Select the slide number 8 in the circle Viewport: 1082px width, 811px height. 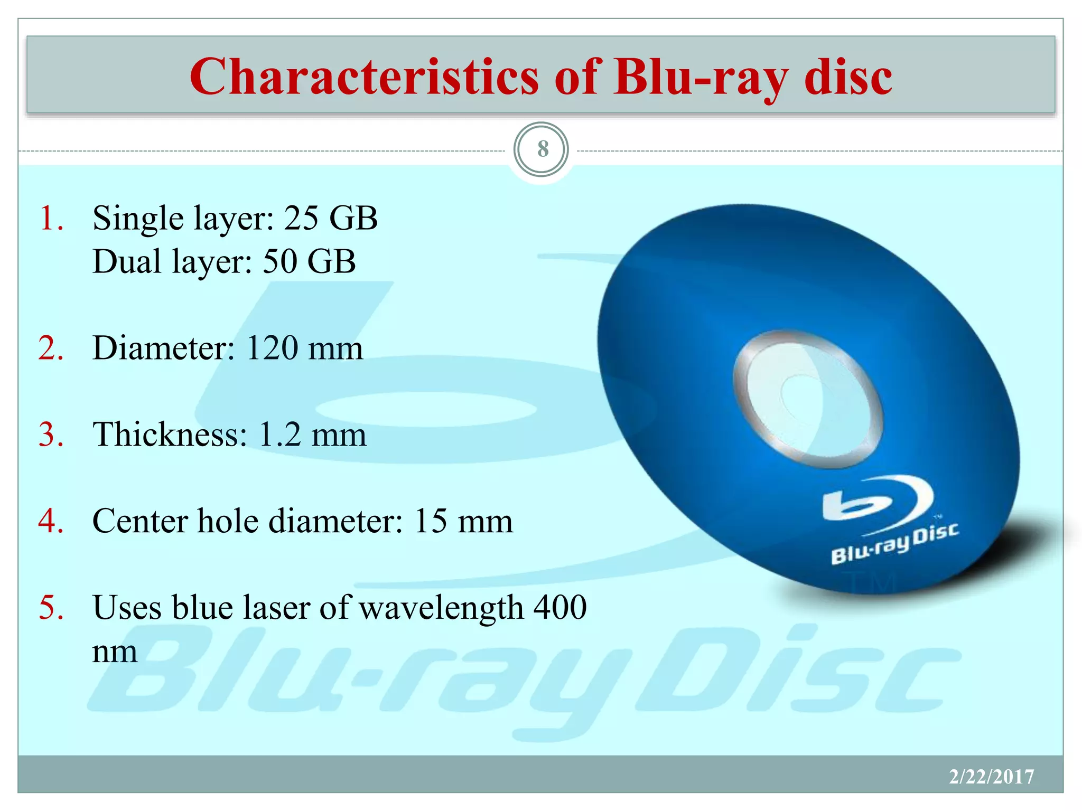click(542, 149)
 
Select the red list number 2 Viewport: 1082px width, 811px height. click(51, 348)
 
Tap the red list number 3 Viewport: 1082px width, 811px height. click(51, 435)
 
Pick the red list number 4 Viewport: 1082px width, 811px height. click(51, 521)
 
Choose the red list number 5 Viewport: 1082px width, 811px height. click(51, 607)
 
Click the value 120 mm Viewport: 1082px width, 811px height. click(305, 348)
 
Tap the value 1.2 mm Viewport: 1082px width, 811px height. click(312, 435)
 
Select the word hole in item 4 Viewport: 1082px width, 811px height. click(228, 521)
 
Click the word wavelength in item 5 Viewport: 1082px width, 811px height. click(441, 608)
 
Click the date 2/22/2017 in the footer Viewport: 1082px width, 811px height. click(991, 777)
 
